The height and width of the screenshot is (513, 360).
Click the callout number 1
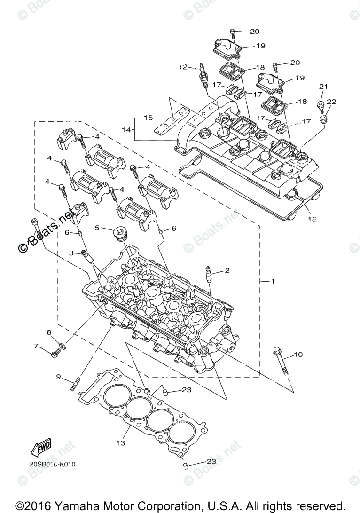[x=272, y=281]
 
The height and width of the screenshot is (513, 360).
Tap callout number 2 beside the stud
[x=227, y=270]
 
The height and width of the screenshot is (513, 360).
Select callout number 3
[x=71, y=253]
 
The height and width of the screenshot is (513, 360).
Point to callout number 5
[x=97, y=228]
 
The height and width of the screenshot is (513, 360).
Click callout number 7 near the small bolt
[x=36, y=347]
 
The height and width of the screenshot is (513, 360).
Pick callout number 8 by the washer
[x=48, y=332]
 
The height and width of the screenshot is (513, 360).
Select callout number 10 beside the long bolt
[x=299, y=355]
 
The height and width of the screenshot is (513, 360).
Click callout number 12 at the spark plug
[x=182, y=67]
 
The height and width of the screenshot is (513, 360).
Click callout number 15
[x=149, y=118]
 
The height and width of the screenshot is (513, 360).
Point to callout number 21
[x=323, y=86]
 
